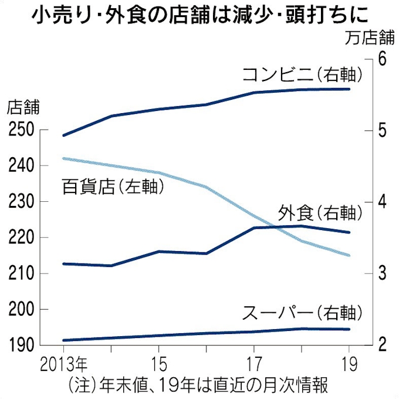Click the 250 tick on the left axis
point(19,130)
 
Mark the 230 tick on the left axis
point(19,202)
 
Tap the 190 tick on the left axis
point(19,345)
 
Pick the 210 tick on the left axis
point(19,273)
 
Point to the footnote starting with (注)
point(197,384)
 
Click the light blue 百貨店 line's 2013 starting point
point(63,158)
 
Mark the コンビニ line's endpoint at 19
point(349,89)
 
